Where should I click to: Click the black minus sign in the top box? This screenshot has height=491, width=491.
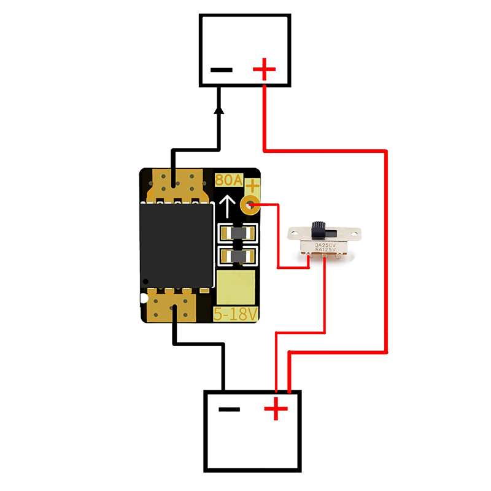pyautogui.click(x=222, y=69)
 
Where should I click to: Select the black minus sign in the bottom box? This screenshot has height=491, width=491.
pyautogui.click(x=230, y=409)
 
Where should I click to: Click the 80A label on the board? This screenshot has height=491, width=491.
pyautogui.click(x=229, y=181)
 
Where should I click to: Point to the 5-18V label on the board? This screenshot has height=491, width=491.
pyautogui.click(x=236, y=315)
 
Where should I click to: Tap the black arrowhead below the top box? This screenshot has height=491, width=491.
pyautogui.click(x=218, y=110)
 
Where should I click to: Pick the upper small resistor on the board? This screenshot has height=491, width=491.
pyautogui.click(x=236, y=233)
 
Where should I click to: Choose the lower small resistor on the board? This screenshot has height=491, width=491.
pyautogui.click(x=236, y=256)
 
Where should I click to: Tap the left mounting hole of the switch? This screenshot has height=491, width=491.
pyautogui.click(x=295, y=234)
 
